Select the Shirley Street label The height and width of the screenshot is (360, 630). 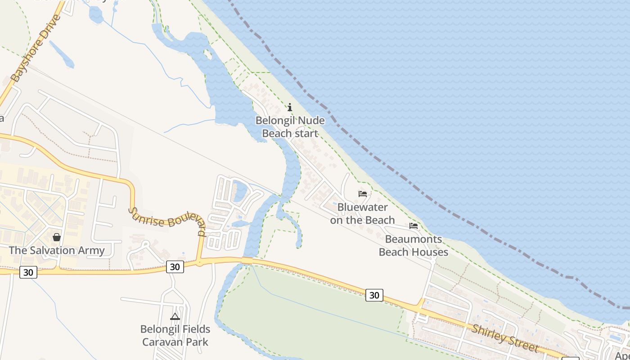(504, 338)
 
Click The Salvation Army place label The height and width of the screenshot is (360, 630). (57, 251)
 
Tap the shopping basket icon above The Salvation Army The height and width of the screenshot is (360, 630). (57, 237)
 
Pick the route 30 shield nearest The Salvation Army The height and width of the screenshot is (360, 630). (28, 272)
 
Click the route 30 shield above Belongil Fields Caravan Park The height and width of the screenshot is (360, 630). (175, 267)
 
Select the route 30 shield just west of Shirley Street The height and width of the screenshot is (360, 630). (374, 295)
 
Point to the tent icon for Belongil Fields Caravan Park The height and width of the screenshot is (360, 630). (175, 317)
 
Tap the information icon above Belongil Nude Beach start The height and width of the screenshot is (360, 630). (290, 108)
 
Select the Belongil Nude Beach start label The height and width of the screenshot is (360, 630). (290, 127)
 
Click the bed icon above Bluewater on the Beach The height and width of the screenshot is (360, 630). (363, 194)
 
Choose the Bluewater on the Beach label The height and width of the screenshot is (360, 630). (362, 214)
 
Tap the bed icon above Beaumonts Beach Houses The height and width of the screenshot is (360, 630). (414, 226)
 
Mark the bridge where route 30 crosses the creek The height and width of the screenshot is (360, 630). (247, 261)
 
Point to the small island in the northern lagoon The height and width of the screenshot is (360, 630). (208, 54)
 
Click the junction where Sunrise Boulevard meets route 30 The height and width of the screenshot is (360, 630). (199, 262)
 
